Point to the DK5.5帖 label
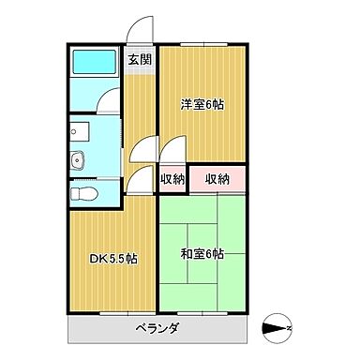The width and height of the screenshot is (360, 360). point(113,258)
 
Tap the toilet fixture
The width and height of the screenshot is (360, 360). point(85,194)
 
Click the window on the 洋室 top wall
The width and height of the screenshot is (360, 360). point(202,42)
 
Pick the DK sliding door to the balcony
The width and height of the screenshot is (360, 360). point(111,311)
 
